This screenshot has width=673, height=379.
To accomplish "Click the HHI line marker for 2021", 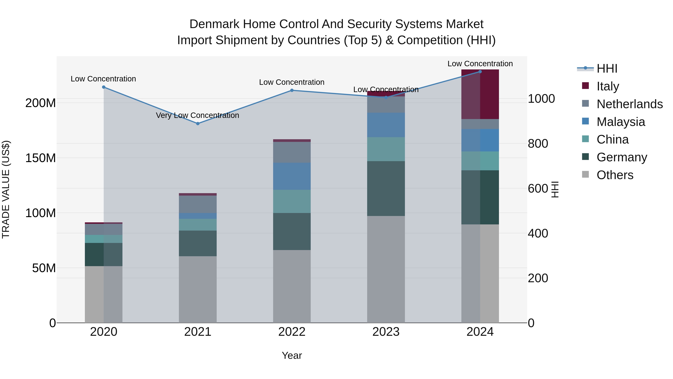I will pyautogui.click(x=198, y=124).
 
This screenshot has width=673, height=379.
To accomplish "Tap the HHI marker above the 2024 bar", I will pyautogui.click(x=480, y=72).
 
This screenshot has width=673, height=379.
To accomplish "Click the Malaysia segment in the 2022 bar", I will pyautogui.click(x=292, y=176).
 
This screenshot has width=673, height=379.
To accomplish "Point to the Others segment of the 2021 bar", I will pyautogui.click(x=198, y=289).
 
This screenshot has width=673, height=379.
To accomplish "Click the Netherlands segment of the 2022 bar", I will pyautogui.click(x=292, y=152).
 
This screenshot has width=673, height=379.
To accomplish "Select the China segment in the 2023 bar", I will pyautogui.click(x=386, y=149).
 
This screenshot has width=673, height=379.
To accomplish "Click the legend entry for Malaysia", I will pyautogui.click(x=620, y=122).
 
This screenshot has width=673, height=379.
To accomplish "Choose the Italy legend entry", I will pyautogui.click(x=607, y=86).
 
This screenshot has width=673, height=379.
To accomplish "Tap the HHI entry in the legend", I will pyautogui.click(x=607, y=69).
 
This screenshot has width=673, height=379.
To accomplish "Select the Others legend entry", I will pyautogui.click(x=614, y=175).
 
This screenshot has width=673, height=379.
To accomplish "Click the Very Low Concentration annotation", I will pyautogui.click(x=198, y=115).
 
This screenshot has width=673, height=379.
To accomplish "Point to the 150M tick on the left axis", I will pyautogui.click(x=41, y=158).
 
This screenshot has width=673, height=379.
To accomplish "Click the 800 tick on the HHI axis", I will pyautogui.click(x=538, y=144).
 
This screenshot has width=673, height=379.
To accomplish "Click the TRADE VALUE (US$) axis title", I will pyautogui.click(x=6, y=189).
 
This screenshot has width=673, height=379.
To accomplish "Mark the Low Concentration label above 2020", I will pyautogui.click(x=103, y=79).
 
